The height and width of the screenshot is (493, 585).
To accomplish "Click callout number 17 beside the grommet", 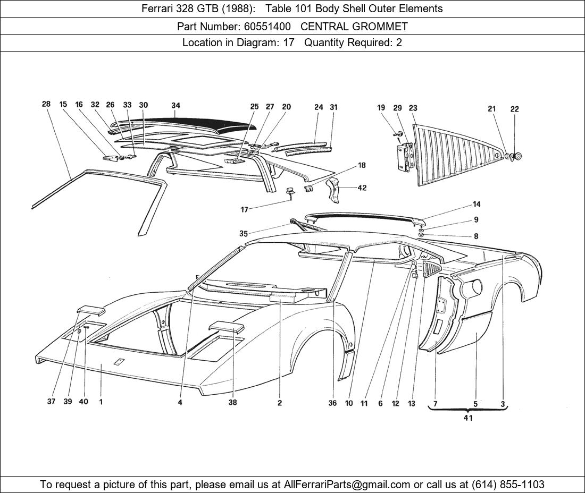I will [244, 210].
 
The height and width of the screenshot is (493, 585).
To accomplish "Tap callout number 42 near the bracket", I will [362, 188].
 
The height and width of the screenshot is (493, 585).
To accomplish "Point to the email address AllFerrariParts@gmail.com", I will [347, 484].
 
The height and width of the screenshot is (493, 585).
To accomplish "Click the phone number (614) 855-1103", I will [506, 484].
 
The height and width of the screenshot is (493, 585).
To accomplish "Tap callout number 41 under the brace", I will [468, 418].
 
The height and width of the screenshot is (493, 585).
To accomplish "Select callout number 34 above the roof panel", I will [176, 105].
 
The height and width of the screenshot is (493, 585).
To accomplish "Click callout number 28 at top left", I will [46, 104].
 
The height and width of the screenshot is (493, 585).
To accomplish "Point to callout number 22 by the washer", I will [514, 109].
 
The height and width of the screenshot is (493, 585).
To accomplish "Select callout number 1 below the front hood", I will [101, 402].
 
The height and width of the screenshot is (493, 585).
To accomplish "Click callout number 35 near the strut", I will [244, 234].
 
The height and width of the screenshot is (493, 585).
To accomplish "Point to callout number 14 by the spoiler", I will [476, 205].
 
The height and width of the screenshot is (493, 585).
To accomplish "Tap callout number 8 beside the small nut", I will [476, 236].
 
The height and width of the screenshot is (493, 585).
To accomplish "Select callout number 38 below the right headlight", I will [232, 402].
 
